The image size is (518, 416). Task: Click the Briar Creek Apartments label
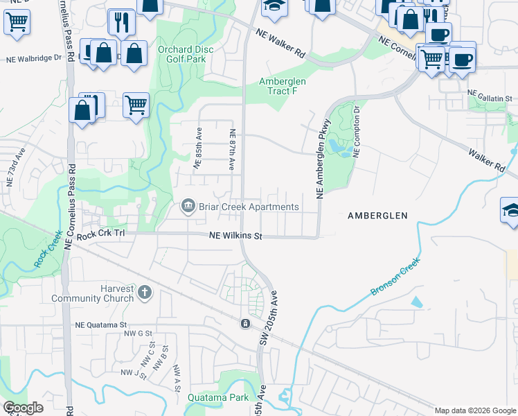point(249,207)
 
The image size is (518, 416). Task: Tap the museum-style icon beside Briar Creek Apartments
point(187,207)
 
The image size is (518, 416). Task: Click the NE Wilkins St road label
point(235,236)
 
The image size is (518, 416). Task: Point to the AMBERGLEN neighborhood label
point(377,216)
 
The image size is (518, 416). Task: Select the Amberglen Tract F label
point(283,86)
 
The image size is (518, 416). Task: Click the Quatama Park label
point(217,398)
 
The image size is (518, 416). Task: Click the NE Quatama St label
point(102,324)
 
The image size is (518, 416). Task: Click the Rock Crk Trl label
point(101,236)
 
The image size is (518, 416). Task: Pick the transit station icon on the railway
point(244,324)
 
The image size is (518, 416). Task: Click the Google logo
point(24,408)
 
